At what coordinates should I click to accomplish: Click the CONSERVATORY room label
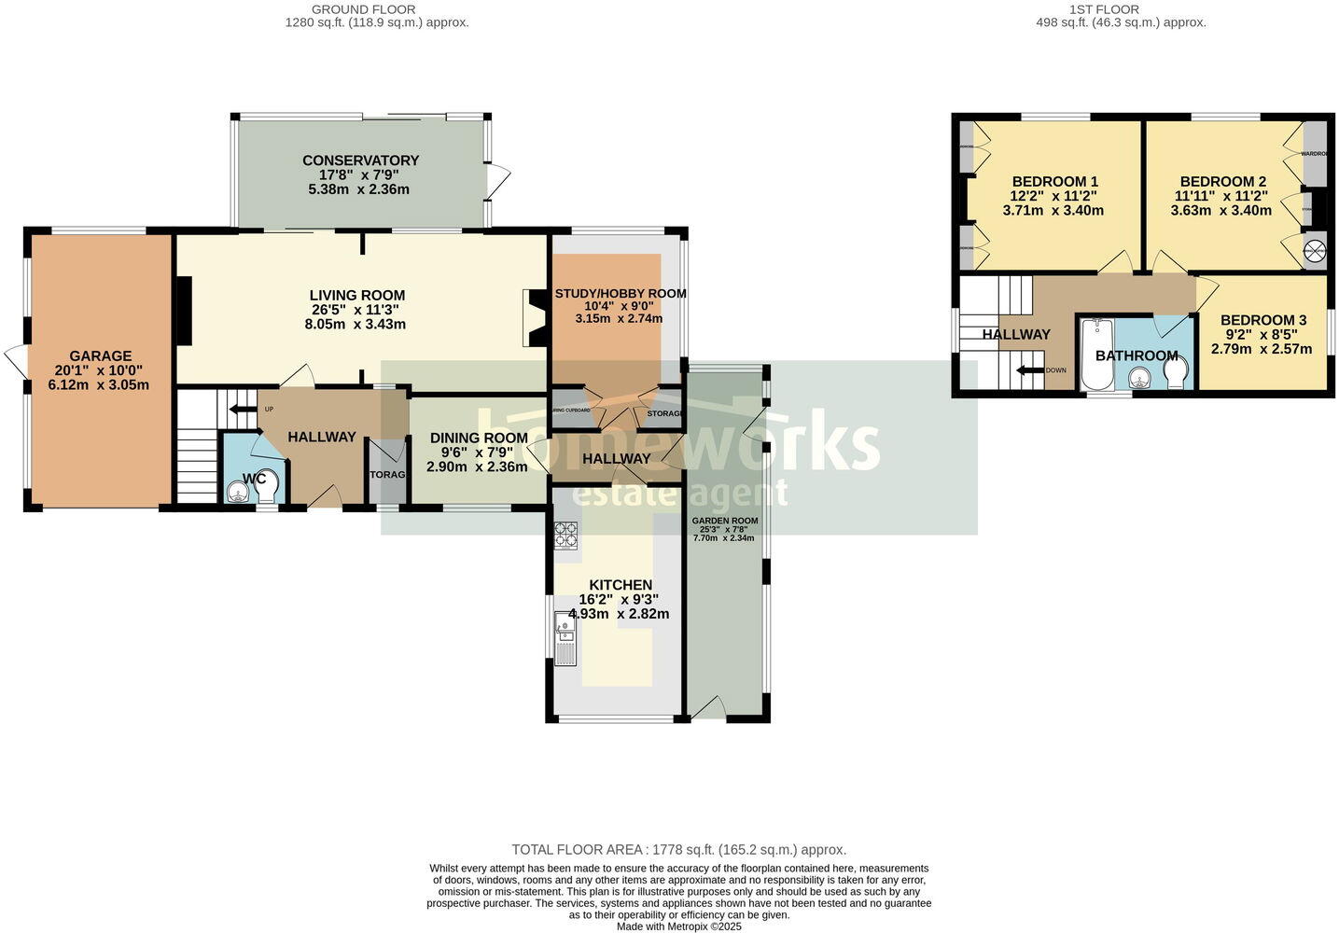(360, 160)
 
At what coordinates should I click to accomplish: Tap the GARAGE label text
(100, 355)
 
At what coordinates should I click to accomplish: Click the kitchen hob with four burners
(565, 535)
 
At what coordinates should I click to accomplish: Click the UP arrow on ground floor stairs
(243, 409)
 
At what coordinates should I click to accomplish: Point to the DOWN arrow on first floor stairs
(1029, 370)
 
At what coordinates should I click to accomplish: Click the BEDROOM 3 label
(1262, 320)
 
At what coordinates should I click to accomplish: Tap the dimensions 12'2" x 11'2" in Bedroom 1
(1053, 196)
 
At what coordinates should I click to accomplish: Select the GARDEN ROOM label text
(724, 521)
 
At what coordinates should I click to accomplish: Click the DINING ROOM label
(478, 438)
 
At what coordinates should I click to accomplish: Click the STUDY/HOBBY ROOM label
(620, 293)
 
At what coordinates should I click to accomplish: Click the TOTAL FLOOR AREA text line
(678, 850)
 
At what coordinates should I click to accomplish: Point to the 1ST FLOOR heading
(1121, 9)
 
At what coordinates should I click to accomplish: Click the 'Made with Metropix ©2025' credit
(678, 926)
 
